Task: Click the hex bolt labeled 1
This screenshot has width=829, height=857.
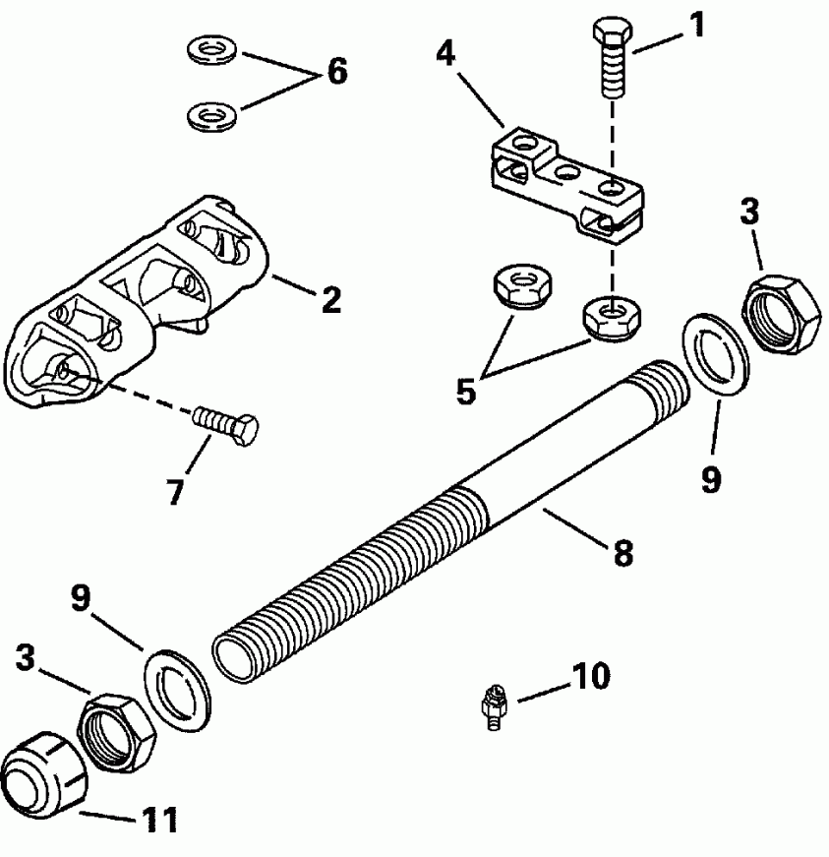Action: [x=611, y=60]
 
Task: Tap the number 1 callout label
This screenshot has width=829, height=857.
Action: [x=696, y=25]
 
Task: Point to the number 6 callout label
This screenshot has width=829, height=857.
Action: [x=336, y=72]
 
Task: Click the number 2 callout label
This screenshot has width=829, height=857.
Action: [x=331, y=300]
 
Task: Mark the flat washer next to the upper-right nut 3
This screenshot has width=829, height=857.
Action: [x=715, y=353]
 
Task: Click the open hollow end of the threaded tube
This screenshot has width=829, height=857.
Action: [x=236, y=656]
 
